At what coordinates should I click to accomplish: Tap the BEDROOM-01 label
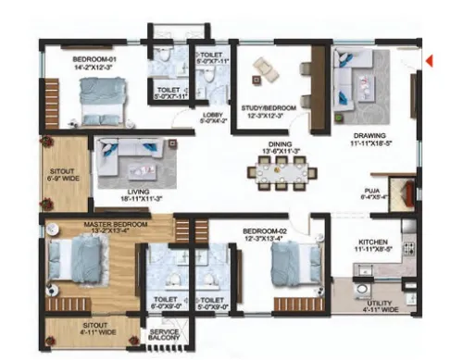94,63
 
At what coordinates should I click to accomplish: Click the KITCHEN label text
375,245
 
